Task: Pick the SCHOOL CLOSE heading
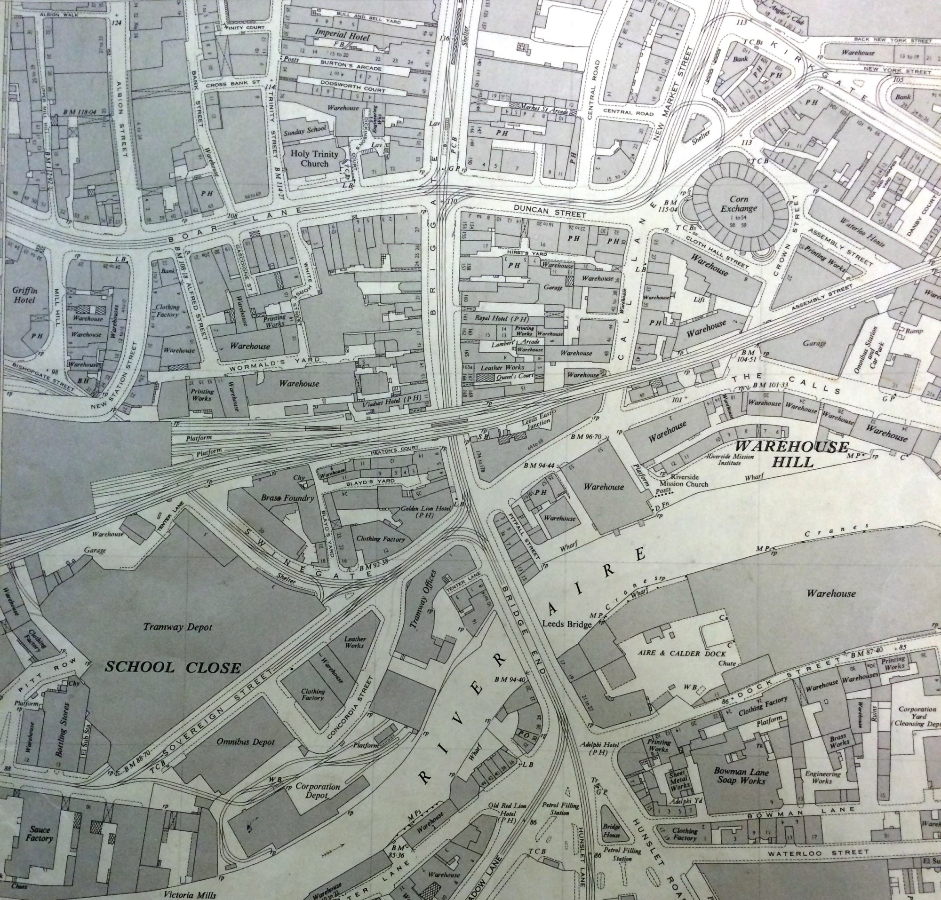[173, 667]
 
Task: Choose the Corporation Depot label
[317, 791]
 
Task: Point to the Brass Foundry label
[287, 498]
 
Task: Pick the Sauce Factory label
[39, 834]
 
